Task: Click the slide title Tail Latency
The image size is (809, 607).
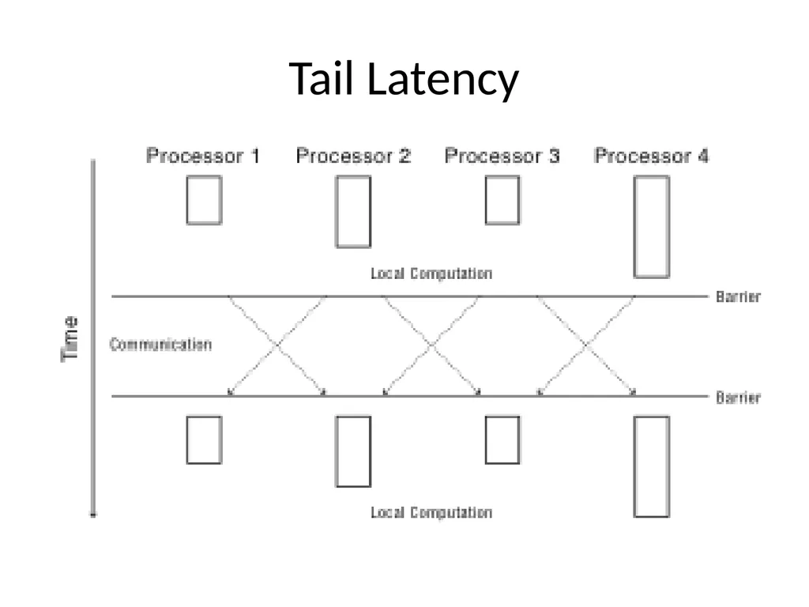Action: (404, 79)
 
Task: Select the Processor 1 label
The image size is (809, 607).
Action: (203, 156)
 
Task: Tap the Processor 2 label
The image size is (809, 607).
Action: (353, 156)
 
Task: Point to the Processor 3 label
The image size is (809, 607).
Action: (502, 156)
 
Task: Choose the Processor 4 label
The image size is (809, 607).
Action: (652, 156)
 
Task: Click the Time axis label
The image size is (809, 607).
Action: (70, 339)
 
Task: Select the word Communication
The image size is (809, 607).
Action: (160, 345)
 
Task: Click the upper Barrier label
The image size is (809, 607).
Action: (739, 297)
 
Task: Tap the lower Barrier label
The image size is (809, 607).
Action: (739, 398)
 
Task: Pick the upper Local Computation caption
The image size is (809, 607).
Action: (431, 273)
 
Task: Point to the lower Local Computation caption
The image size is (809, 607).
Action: (431, 512)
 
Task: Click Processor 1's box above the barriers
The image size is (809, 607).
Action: (186, 200)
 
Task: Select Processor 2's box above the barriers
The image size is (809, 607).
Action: (336, 212)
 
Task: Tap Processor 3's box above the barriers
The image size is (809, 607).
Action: (486, 200)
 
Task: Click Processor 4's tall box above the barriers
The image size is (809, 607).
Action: (634, 227)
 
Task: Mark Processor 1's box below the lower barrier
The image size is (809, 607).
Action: (186, 440)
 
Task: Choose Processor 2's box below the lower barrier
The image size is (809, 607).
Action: (336, 451)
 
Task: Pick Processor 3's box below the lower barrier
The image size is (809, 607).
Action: (486, 440)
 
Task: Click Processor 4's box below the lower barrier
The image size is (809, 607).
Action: (634, 466)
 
